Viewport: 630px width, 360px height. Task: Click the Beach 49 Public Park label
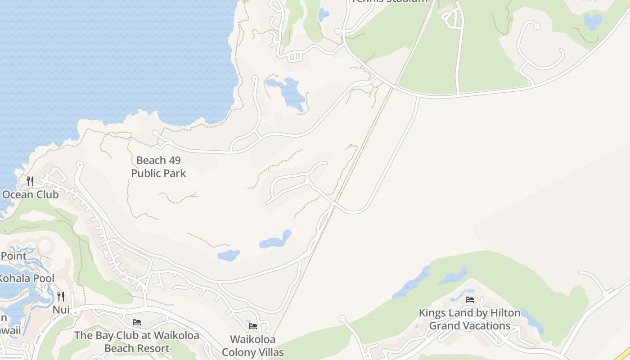coord(158,166)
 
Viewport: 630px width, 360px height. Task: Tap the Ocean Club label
coord(31,195)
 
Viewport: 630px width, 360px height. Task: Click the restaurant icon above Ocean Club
coord(30,181)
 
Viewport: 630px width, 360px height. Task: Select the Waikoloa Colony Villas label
coord(253,346)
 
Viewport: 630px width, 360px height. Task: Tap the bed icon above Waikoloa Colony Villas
coord(253,326)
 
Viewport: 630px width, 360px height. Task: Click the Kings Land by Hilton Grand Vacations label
coord(470,319)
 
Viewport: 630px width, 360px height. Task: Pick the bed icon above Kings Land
coord(470,300)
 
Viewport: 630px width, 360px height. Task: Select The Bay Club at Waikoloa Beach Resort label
coord(137,342)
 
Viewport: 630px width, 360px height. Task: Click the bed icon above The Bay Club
coord(137,322)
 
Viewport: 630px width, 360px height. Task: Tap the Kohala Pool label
coord(27,279)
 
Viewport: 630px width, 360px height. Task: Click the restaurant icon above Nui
coord(61,296)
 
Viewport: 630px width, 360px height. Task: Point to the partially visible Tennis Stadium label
coord(389,1)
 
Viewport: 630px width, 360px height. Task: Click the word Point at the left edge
coord(13,256)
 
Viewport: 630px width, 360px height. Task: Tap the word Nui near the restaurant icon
coord(61,310)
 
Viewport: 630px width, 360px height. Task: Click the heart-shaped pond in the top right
coord(592,21)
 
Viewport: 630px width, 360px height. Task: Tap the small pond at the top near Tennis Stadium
coord(323,15)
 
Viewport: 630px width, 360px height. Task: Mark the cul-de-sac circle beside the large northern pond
coord(255,79)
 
